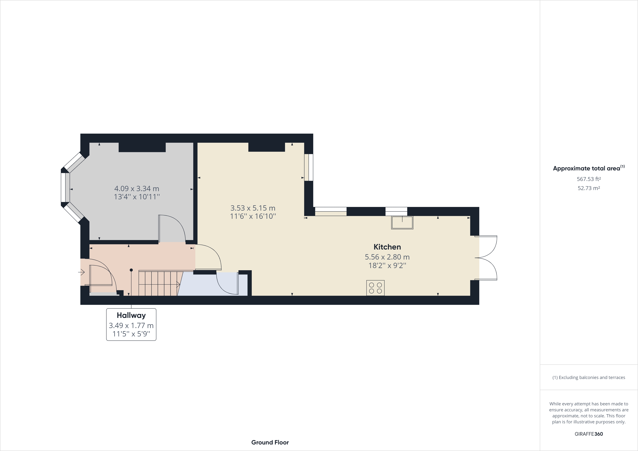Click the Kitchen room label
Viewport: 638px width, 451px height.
[x=387, y=247]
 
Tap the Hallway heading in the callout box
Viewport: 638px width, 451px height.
[x=131, y=315]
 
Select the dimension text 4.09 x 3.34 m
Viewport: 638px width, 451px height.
[x=137, y=188]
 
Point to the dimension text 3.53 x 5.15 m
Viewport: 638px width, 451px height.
[x=253, y=208]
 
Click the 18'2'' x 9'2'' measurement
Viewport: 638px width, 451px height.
[x=387, y=265]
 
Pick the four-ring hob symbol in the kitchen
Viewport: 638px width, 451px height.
[x=375, y=288]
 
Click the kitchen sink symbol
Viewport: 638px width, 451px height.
[x=402, y=222]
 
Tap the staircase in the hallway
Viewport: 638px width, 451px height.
[x=158, y=284]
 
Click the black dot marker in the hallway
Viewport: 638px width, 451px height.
[x=131, y=270]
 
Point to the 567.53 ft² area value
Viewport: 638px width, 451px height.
[x=589, y=179]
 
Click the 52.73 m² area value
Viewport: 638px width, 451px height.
[x=589, y=188]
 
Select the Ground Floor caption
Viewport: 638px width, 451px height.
[x=270, y=442]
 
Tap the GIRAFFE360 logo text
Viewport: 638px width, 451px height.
[x=589, y=434]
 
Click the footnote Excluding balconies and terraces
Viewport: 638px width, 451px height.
[x=589, y=377]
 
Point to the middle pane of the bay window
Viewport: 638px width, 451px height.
[x=65, y=187]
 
